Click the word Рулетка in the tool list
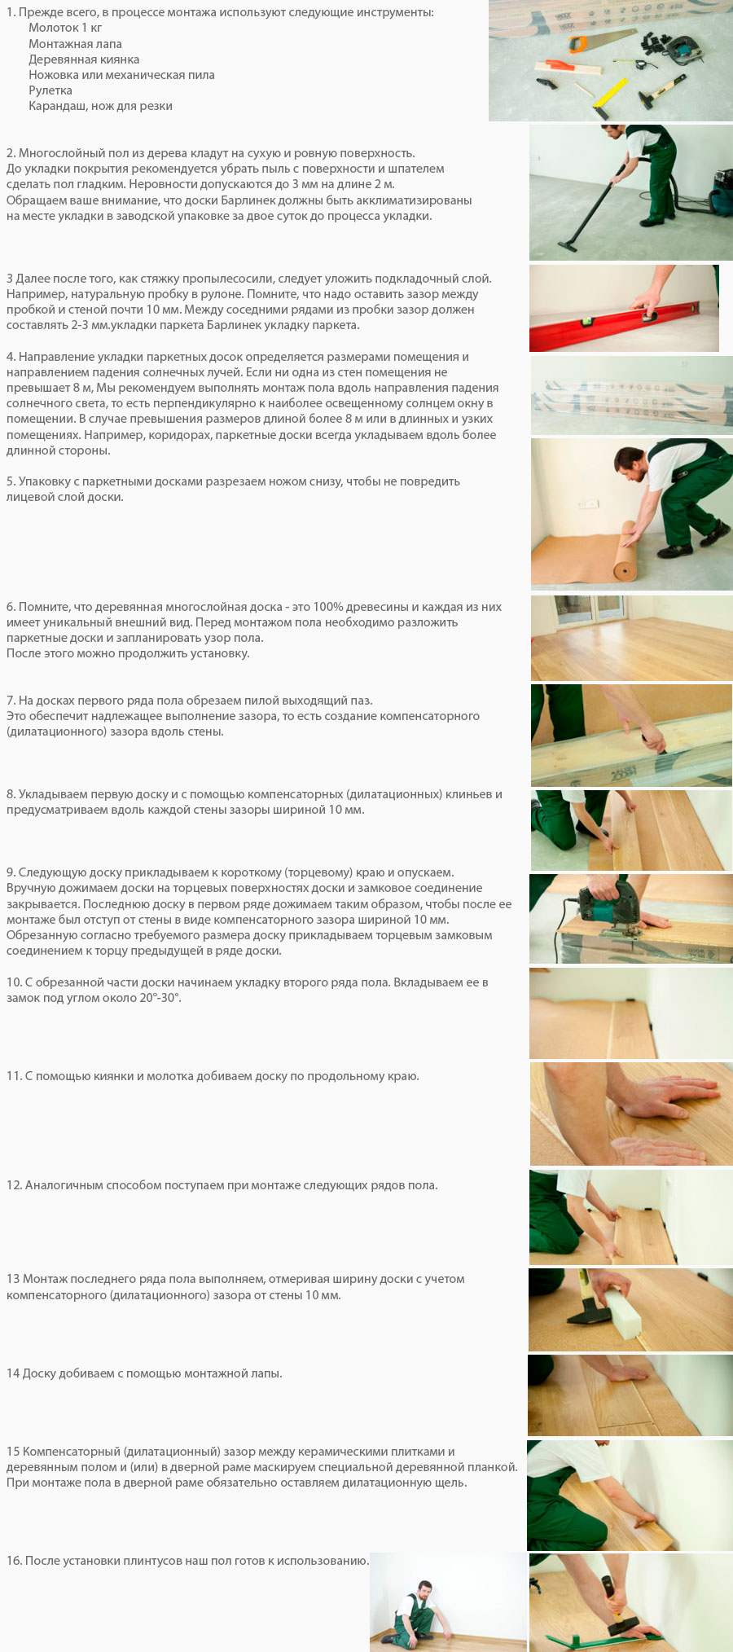coord(50,90)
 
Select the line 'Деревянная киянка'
coord(84,59)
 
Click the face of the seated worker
coord(424,1588)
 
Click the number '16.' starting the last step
coord(14,1561)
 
